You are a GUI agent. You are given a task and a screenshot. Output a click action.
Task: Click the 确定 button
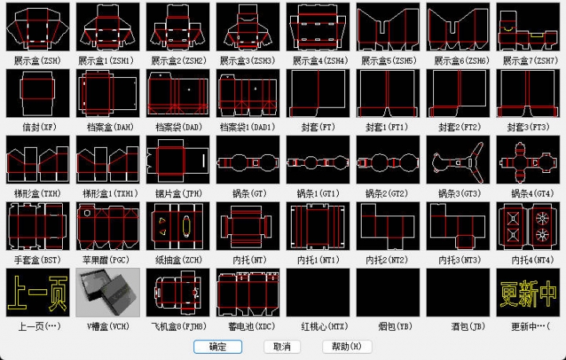(218, 347)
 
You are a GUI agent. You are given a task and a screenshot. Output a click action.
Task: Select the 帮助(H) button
(346, 347)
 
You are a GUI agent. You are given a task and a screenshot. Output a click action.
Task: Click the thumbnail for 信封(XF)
(38, 94)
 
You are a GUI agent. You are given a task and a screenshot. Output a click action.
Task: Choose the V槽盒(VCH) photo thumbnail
(108, 292)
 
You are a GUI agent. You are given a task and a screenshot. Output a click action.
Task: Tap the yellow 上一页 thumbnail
(38, 292)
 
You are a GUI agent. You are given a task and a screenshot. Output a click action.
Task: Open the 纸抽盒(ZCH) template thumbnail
(178, 226)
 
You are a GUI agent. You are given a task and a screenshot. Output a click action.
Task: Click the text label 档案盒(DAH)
(108, 127)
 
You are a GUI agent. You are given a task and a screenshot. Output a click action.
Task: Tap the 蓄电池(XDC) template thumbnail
(248, 292)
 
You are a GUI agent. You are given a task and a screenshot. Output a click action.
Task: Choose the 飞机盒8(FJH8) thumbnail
(178, 292)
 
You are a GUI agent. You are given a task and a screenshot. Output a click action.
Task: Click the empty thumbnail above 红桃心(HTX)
(318, 292)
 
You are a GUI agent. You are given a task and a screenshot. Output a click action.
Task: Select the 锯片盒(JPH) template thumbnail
(178, 160)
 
